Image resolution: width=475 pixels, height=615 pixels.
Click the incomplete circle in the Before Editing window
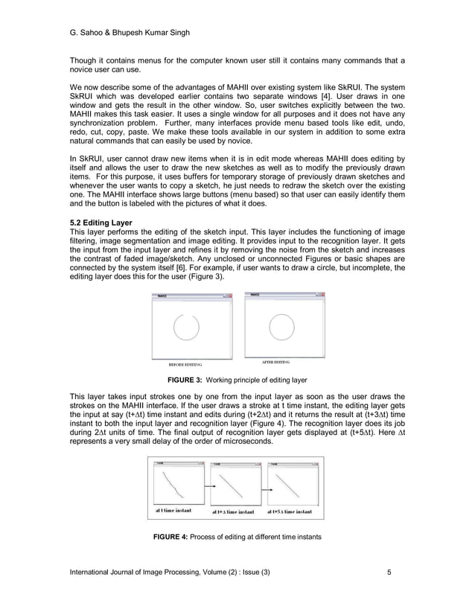tap(185, 327)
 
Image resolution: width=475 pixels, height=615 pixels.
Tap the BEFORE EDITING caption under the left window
tap(185, 366)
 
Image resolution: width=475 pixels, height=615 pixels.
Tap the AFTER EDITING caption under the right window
tap(275, 362)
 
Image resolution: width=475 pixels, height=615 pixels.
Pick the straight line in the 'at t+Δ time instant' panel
tap(235, 486)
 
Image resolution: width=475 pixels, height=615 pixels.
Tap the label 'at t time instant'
tap(173, 511)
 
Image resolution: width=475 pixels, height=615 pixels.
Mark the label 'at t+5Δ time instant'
tap(293, 512)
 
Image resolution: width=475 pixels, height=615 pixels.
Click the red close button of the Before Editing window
tap(231, 296)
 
